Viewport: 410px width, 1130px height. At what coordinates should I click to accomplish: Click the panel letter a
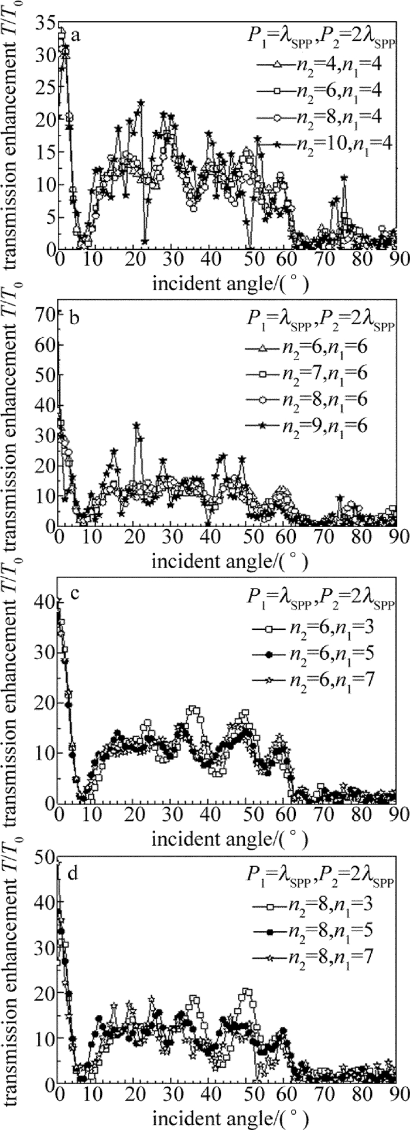point(76,36)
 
